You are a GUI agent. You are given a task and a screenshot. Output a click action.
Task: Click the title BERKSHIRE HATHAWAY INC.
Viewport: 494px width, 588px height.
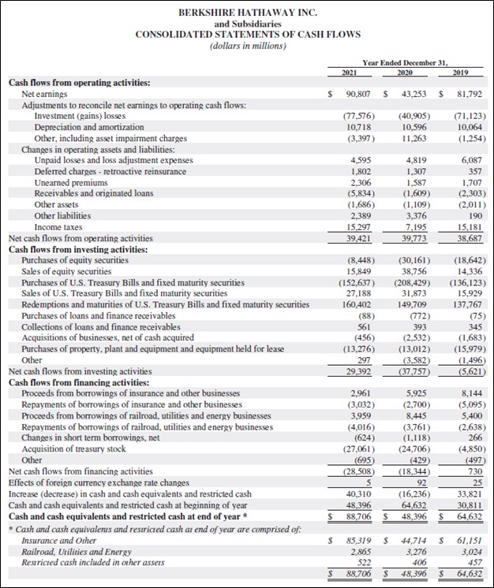[247, 13]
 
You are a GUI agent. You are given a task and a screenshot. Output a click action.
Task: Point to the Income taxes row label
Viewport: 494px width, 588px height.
[56, 226]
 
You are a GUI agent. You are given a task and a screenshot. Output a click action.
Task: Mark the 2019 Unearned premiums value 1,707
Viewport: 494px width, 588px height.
[470, 182]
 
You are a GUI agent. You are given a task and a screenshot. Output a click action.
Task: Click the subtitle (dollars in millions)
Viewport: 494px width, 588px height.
[247, 46]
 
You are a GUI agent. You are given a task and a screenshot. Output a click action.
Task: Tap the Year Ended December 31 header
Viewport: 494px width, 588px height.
[404, 61]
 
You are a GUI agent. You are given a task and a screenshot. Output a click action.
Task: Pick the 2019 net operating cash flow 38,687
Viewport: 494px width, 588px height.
[469, 237]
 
